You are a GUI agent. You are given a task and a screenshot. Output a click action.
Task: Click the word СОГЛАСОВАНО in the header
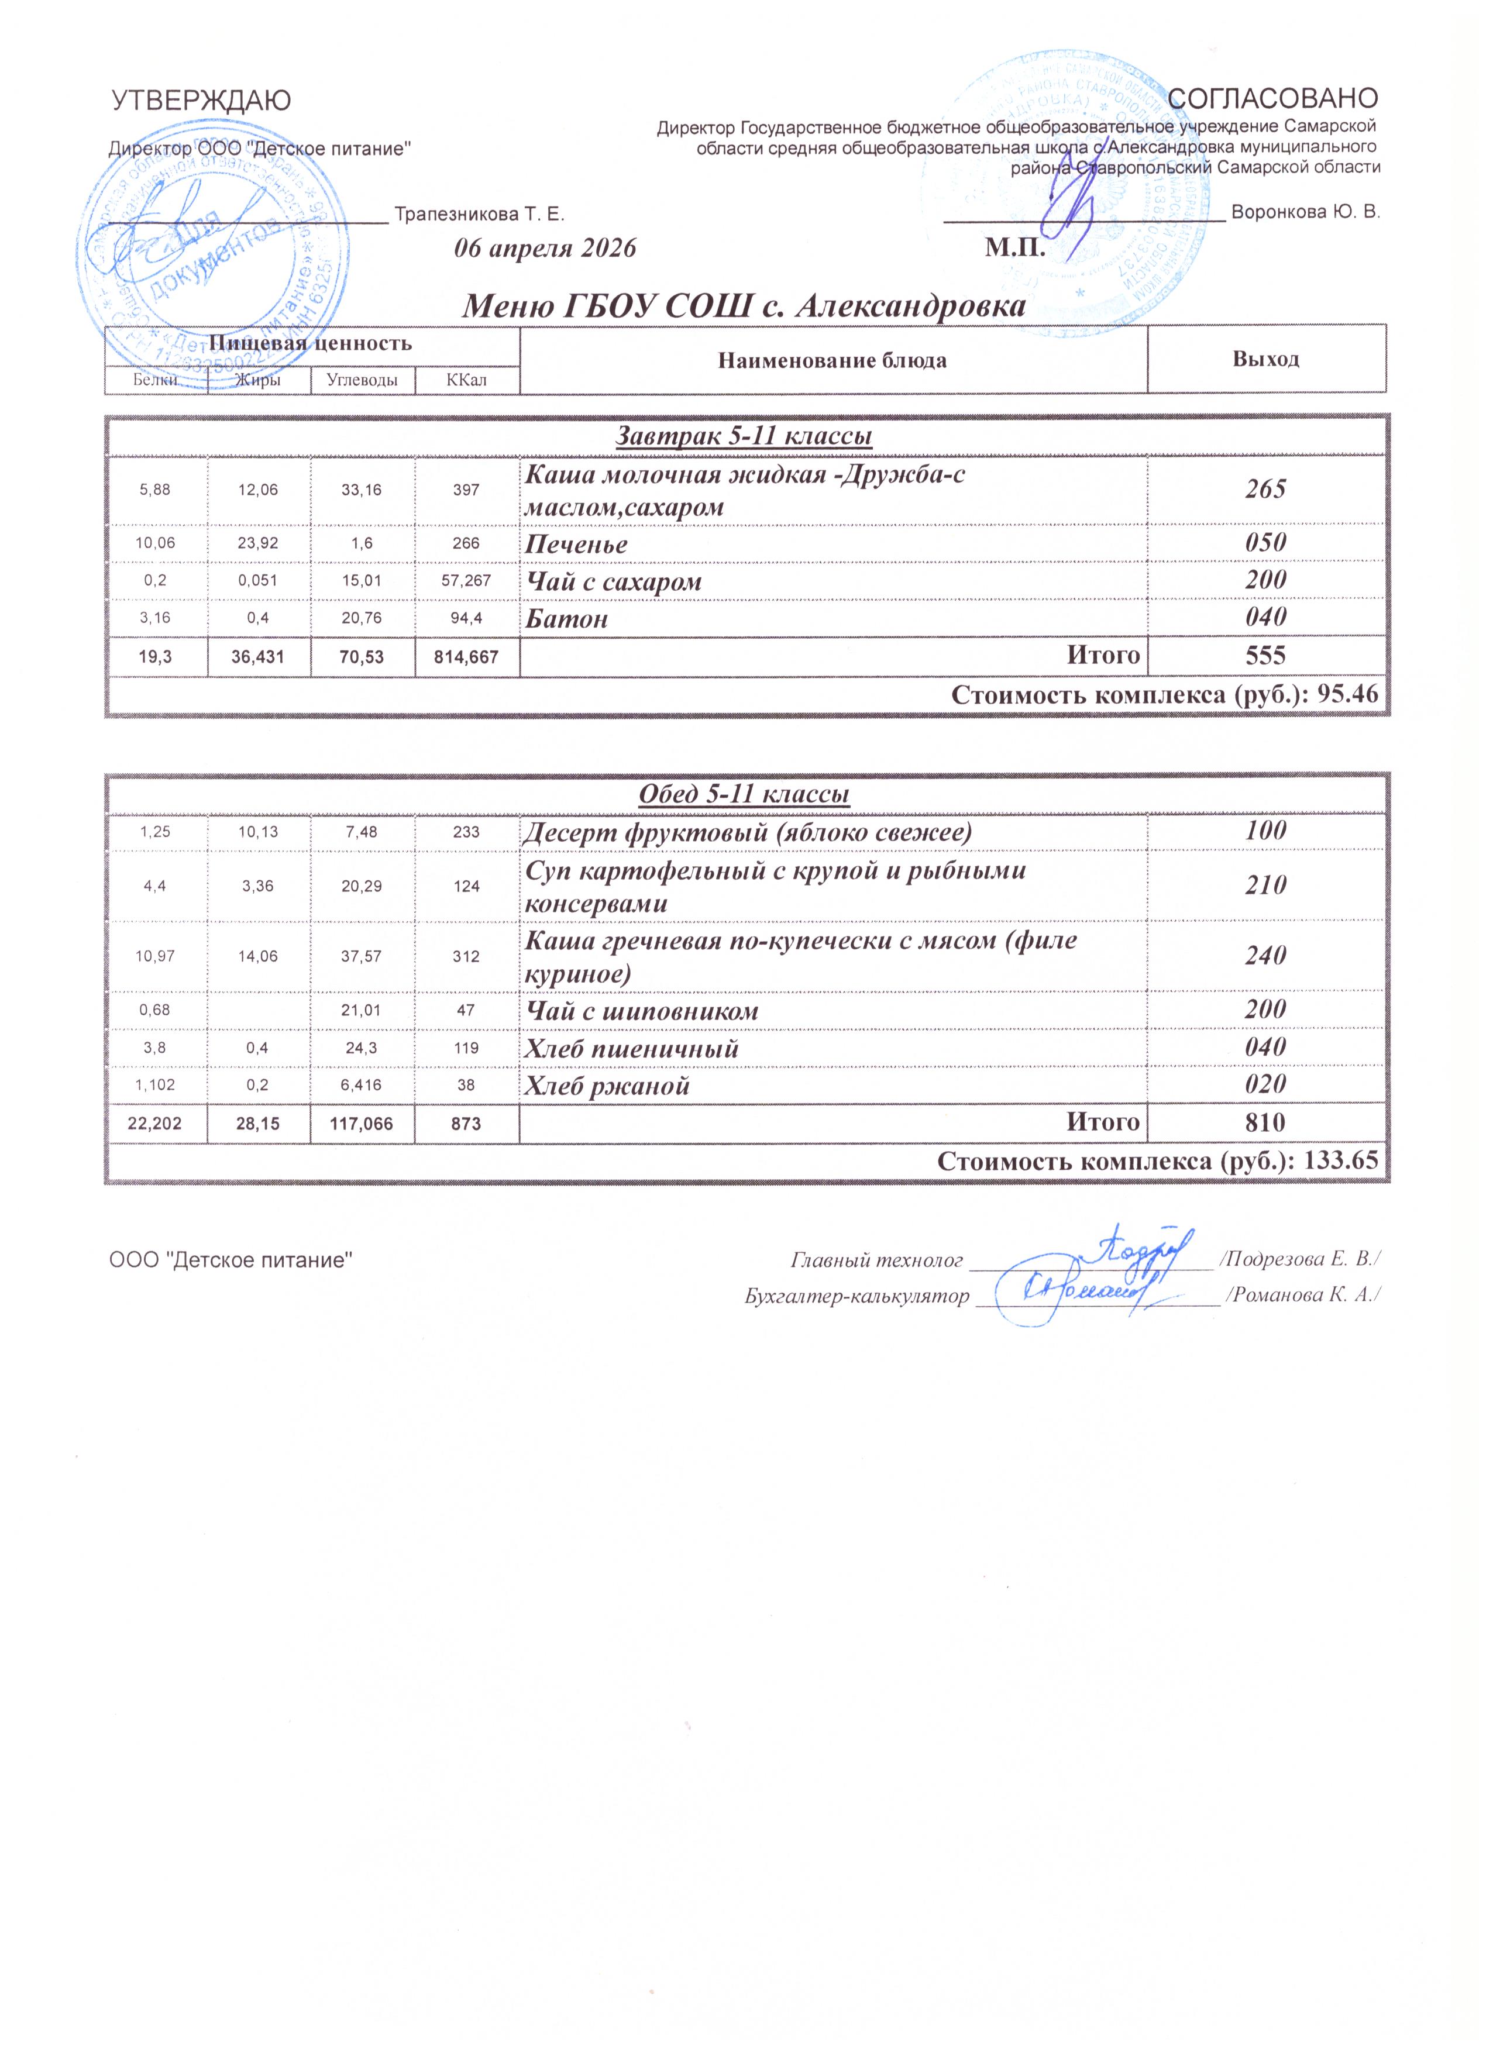click(1273, 98)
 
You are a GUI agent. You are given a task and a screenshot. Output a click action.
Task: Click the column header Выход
click(1266, 359)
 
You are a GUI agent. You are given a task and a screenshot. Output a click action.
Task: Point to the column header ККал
click(466, 380)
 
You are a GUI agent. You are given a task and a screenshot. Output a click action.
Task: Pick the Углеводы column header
click(362, 380)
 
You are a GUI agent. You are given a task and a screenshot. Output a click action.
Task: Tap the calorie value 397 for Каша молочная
click(466, 490)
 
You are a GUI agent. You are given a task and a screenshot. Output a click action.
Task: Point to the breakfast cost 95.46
click(1350, 695)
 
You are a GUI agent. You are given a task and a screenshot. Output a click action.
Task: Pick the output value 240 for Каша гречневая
click(1266, 956)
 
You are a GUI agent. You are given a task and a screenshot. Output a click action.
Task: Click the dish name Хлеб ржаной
click(607, 1086)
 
